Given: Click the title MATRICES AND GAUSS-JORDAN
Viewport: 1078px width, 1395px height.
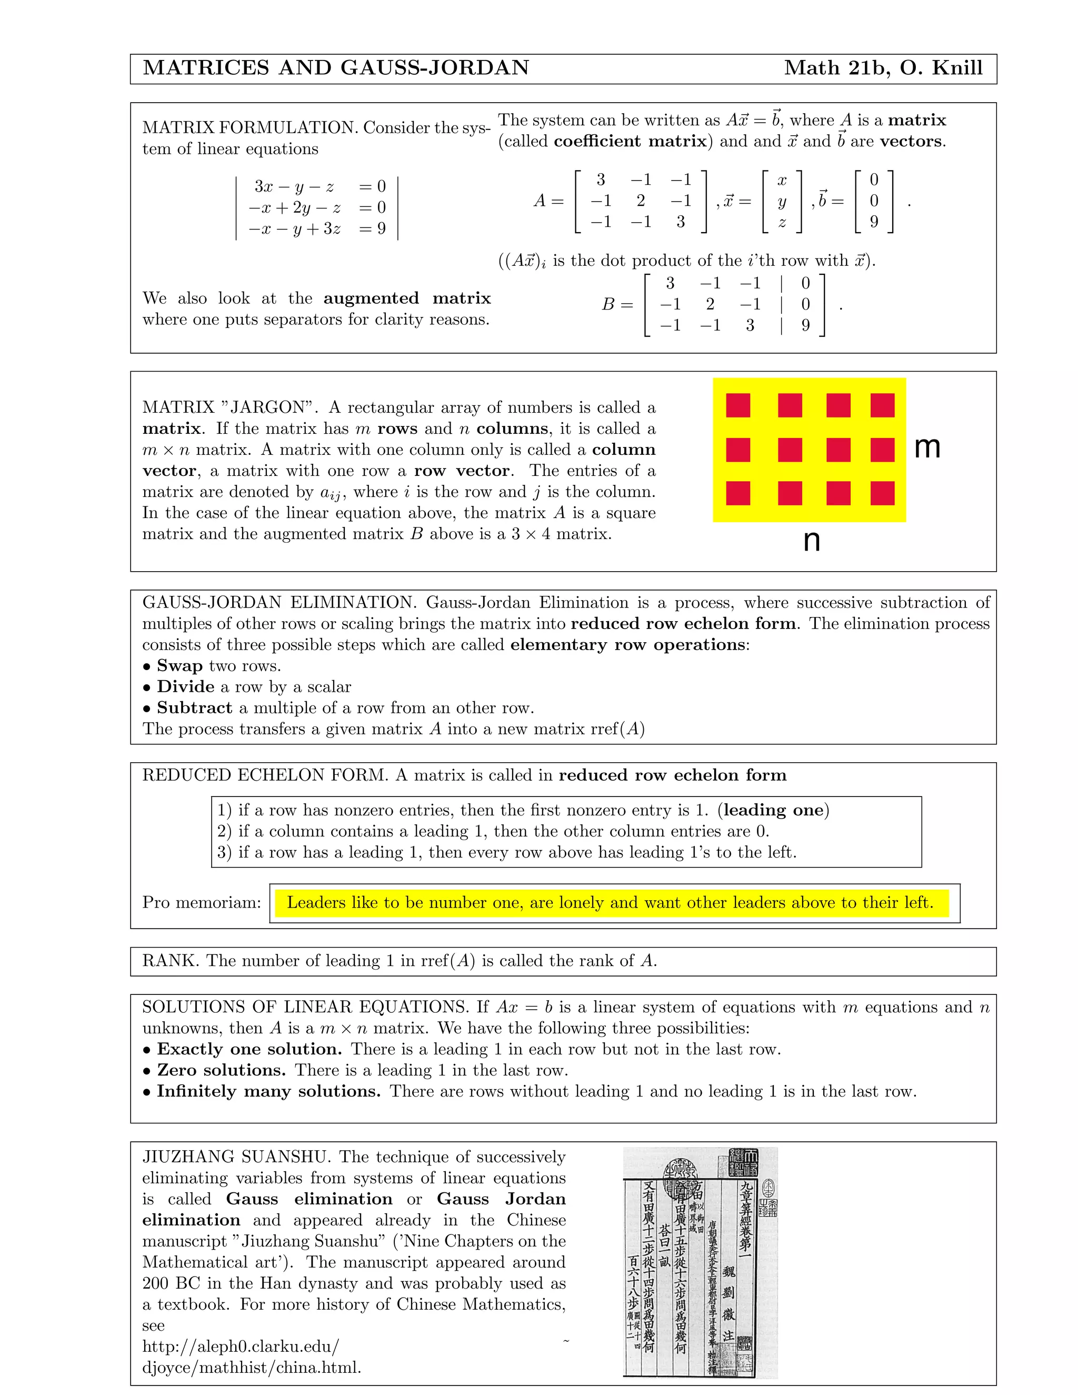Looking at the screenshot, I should (336, 68).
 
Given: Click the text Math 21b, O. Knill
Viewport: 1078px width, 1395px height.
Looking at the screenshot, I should (883, 68).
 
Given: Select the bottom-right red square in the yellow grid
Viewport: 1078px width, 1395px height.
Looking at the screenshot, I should (882, 493).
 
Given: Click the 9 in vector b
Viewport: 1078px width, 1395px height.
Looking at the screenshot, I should (874, 222).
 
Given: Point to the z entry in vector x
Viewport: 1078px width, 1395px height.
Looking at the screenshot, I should (782, 222).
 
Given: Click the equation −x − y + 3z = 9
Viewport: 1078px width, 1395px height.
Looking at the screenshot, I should (317, 228).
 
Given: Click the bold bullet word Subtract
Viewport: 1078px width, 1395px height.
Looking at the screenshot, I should (194, 708).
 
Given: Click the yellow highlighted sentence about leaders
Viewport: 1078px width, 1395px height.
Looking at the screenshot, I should (610, 902).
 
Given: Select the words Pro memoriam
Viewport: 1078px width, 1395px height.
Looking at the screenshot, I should (202, 902).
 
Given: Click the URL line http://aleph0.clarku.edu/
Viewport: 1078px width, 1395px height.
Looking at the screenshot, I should (241, 1347).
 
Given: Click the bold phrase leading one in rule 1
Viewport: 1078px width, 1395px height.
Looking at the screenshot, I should (773, 810).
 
